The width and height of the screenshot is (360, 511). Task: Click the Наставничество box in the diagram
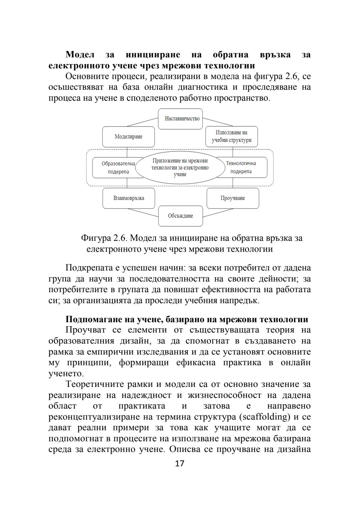coord(180,119)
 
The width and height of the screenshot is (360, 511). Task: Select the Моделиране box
coord(128,137)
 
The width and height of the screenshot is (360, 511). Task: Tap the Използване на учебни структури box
coord(232,136)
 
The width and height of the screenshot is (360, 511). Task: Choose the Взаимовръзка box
coord(129,198)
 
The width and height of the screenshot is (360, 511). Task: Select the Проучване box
coord(233,198)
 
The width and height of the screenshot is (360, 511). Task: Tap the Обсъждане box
coord(180,216)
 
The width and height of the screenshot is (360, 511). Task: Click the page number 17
coord(180,464)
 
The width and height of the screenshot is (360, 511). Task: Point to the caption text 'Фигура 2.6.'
coord(104,238)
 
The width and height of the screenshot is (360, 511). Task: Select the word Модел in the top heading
coord(80,54)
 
